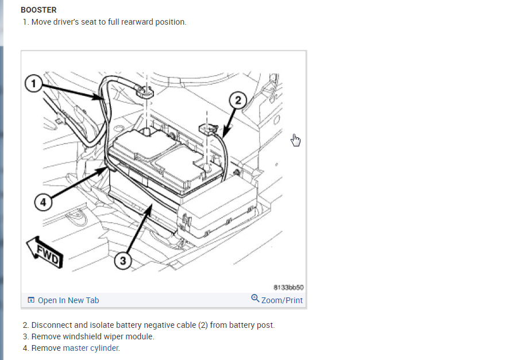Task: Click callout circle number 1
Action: (34, 84)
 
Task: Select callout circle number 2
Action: (238, 100)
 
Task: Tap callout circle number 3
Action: (122, 261)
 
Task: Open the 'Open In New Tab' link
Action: (68, 300)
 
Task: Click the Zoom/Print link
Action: (281, 300)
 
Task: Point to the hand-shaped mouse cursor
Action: (296, 140)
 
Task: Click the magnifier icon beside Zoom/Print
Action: (256, 299)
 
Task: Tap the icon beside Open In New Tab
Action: (31, 300)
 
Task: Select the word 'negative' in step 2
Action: (154, 325)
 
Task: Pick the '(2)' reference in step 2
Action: (203, 325)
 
